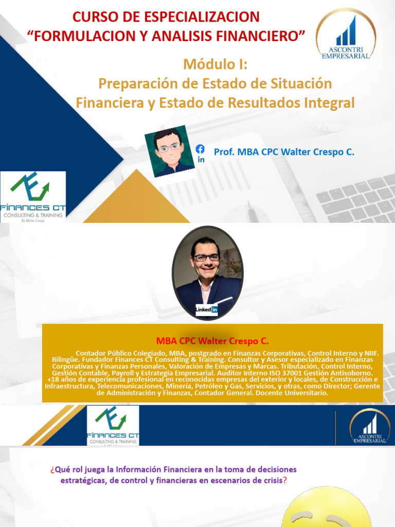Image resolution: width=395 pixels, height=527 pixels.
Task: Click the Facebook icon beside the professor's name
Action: point(200,149)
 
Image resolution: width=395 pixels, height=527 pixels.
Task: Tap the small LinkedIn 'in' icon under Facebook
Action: point(201,160)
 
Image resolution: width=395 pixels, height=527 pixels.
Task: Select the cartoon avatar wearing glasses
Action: point(169,151)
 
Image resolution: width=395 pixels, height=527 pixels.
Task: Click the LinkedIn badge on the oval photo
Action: point(207,310)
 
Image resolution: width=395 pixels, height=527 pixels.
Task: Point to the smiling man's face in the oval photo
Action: point(207,257)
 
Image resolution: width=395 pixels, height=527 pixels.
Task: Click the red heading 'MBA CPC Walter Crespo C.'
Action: point(212,341)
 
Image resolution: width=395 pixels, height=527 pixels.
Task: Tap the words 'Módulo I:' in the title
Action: point(215,65)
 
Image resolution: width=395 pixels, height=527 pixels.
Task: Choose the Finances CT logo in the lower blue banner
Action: point(113,425)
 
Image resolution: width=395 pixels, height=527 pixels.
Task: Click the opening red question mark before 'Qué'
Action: point(52,470)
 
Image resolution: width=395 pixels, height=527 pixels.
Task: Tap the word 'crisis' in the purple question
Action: point(268,481)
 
